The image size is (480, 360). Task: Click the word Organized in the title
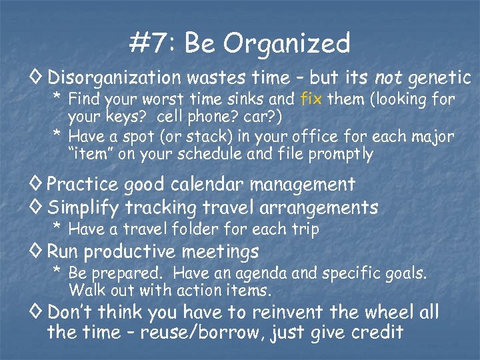point(287,44)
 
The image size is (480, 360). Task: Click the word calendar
point(216,183)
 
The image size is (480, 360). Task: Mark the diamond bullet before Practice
point(39,183)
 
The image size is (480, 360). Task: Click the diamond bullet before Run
point(39,252)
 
